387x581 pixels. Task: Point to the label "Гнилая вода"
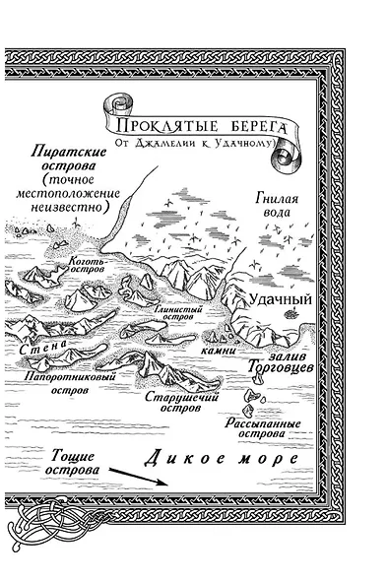[x=278, y=206]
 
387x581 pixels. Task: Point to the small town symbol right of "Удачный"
[x=290, y=312]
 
